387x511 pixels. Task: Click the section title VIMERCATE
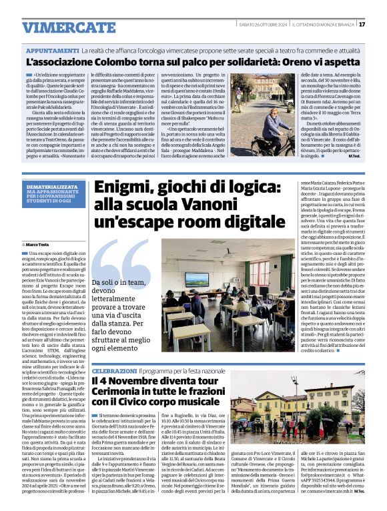[x=59, y=27]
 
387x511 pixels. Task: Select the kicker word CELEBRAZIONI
[x=115, y=370]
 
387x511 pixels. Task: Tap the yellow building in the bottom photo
[x=280, y=404]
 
